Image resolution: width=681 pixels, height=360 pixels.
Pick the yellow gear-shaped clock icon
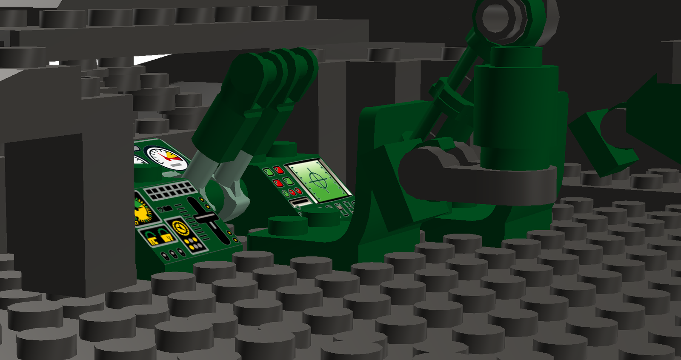(x=181, y=228)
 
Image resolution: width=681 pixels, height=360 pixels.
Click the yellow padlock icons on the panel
(x=158, y=235)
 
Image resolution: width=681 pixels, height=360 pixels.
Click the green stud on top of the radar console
(x=282, y=149)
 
